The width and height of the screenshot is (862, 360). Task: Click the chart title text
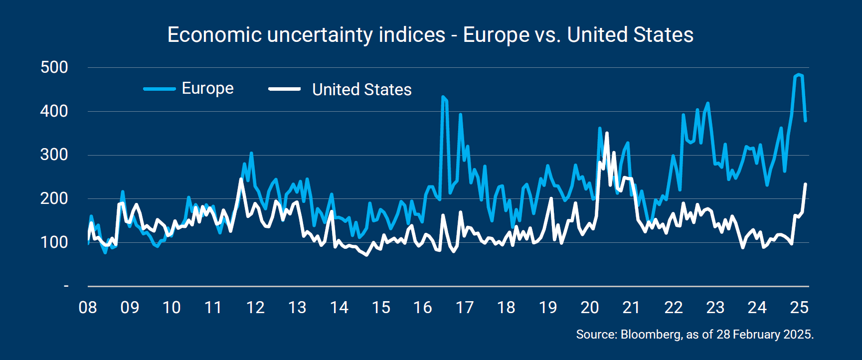(430, 35)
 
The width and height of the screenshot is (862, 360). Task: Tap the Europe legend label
(207, 88)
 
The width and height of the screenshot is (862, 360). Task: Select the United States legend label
(361, 90)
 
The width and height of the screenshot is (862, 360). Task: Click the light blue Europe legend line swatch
(160, 89)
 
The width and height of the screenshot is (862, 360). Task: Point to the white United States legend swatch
(284, 89)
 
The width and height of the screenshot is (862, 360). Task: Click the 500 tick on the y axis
(54, 67)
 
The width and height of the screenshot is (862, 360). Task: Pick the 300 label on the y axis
(54, 155)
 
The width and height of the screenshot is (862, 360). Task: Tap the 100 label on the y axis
(54, 242)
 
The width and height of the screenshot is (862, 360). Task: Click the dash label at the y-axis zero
(66, 286)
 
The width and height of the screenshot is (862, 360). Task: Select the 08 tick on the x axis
(88, 307)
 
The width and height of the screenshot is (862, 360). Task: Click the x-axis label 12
(255, 307)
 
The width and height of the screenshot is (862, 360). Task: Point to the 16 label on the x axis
(422, 307)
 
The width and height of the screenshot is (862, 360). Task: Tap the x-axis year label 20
(590, 307)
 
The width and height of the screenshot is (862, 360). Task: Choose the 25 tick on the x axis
(799, 307)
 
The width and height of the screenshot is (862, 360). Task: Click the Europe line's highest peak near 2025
(799, 75)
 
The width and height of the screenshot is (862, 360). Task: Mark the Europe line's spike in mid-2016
(443, 97)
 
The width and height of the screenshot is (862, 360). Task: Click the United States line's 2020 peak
(607, 133)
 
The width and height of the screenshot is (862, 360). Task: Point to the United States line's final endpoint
(805, 184)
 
